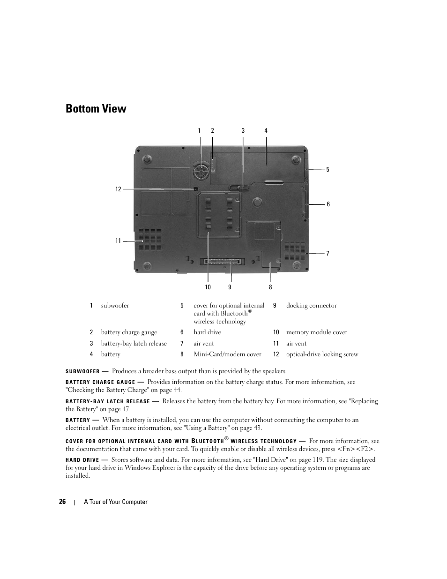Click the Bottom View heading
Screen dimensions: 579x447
point(96,109)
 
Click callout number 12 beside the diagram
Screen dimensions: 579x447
point(118,189)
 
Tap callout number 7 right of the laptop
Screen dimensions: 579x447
point(328,254)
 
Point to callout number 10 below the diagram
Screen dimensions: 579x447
point(208,287)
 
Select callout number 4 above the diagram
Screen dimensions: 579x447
point(266,131)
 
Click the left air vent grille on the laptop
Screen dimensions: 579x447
point(149,241)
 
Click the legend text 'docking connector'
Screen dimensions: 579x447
point(311,306)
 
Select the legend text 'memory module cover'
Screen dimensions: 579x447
point(317,332)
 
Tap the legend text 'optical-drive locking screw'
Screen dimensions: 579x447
point(322,354)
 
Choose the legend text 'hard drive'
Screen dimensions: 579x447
point(207,332)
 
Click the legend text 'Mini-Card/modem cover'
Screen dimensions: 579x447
point(227,354)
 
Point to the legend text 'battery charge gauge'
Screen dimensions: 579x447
point(129,332)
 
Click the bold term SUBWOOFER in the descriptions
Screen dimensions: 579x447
point(82,371)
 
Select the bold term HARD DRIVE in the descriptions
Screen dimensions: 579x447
point(82,460)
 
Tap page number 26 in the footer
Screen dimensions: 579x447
point(62,502)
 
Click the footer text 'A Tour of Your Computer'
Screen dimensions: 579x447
point(116,502)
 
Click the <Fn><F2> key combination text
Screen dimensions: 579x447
point(356,449)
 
